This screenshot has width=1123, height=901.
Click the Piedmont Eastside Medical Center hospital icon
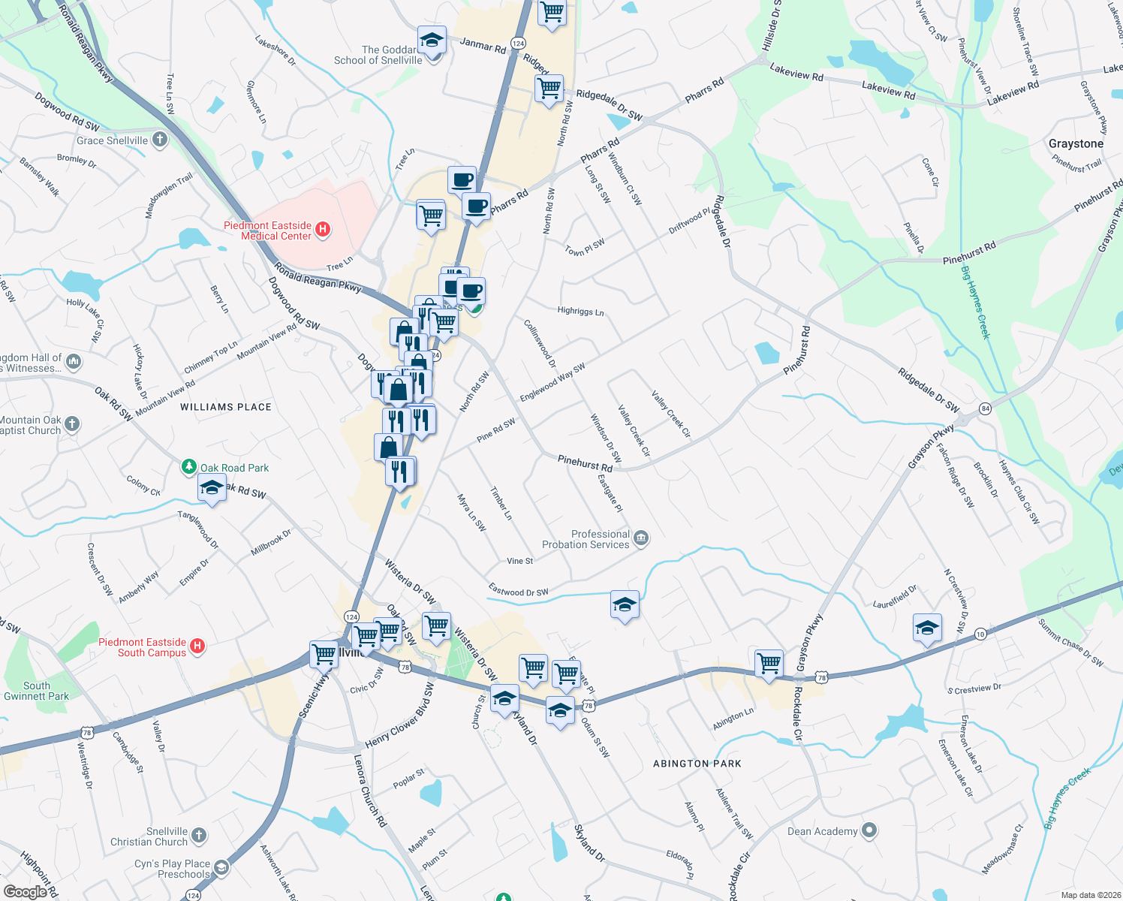[323, 230]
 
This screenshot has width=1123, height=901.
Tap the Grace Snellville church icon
[159, 140]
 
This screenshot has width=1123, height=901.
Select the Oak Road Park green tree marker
[189, 467]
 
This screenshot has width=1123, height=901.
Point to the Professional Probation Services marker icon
[641, 538]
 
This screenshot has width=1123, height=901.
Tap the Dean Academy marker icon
[869, 830]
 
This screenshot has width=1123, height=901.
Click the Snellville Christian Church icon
[198, 835]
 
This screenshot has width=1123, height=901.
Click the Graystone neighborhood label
[1076, 143]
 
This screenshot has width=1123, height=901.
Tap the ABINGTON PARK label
[697, 764]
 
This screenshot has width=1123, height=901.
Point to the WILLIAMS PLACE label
[226, 407]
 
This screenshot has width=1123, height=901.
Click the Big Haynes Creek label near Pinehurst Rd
[976, 303]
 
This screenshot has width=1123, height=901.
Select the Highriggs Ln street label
[580, 311]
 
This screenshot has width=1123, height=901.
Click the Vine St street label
[519, 561]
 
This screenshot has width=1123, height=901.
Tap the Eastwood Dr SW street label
[518, 591]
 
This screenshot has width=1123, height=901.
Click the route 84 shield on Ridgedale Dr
[986, 408]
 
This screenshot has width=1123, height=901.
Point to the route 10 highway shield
[980, 634]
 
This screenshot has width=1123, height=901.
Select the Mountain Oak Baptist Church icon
[71, 424]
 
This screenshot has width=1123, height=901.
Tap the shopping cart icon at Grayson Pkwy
[769, 663]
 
